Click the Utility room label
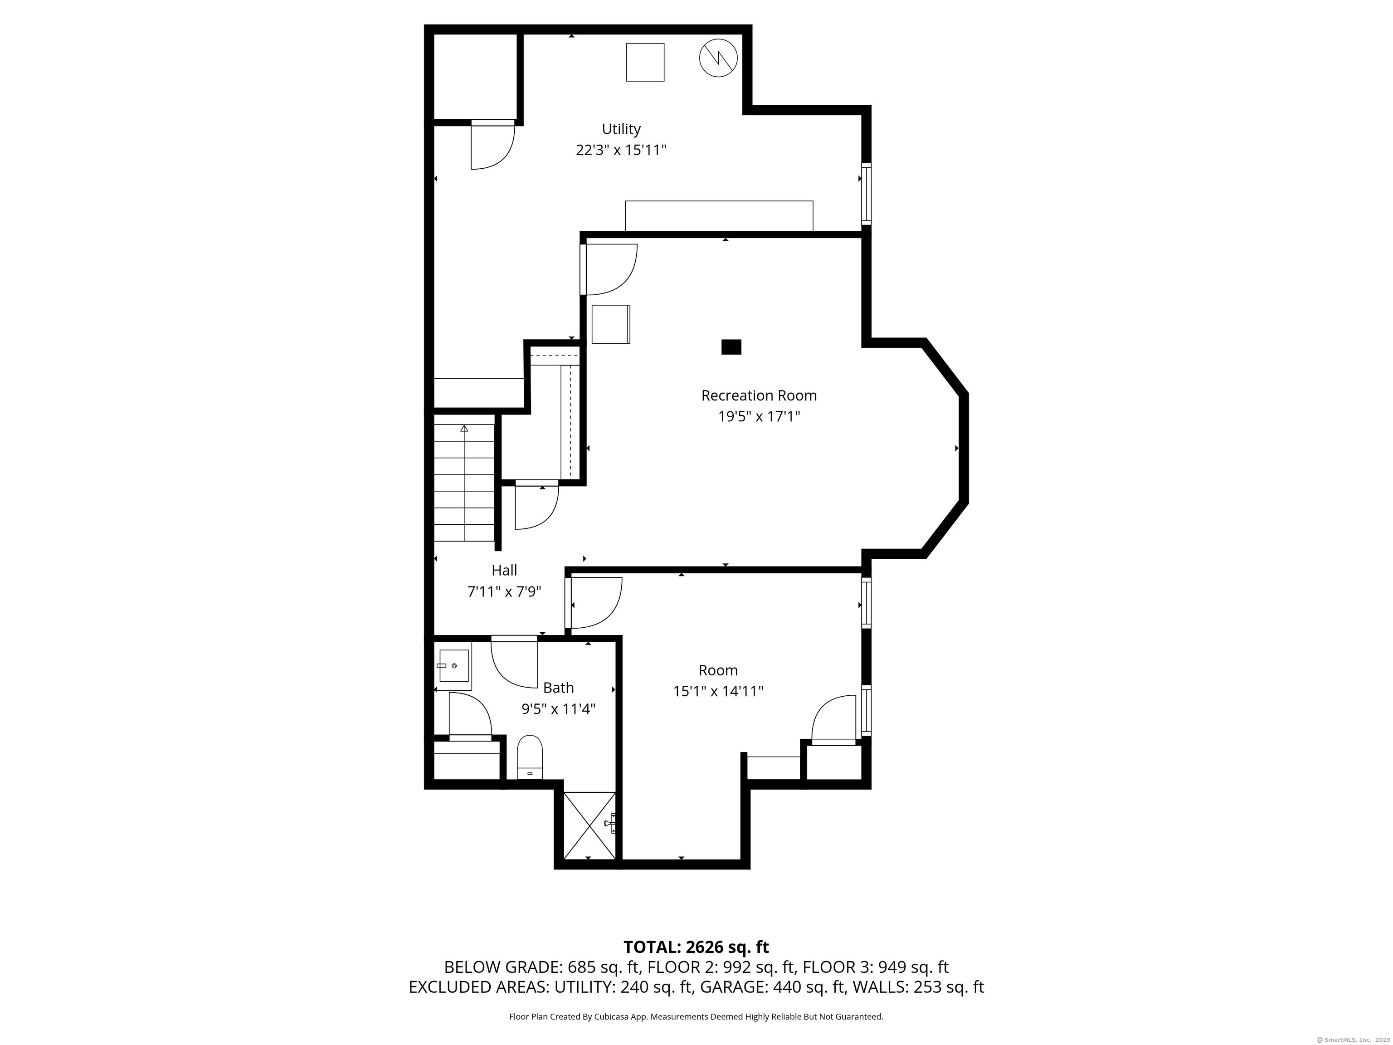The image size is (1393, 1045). (x=621, y=129)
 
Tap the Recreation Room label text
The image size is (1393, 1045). (x=759, y=396)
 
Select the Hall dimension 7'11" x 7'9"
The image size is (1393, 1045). (x=504, y=591)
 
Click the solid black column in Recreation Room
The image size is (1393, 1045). (x=731, y=347)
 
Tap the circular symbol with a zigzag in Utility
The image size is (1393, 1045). (x=718, y=58)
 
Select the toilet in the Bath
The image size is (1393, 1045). (x=530, y=757)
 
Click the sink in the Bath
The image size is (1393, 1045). (x=454, y=666)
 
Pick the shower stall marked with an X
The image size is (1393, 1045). (x=589, y=826)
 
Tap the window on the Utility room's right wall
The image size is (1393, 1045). (x=867, y=194)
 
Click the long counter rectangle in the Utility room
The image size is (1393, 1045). (x=719, y=216)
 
